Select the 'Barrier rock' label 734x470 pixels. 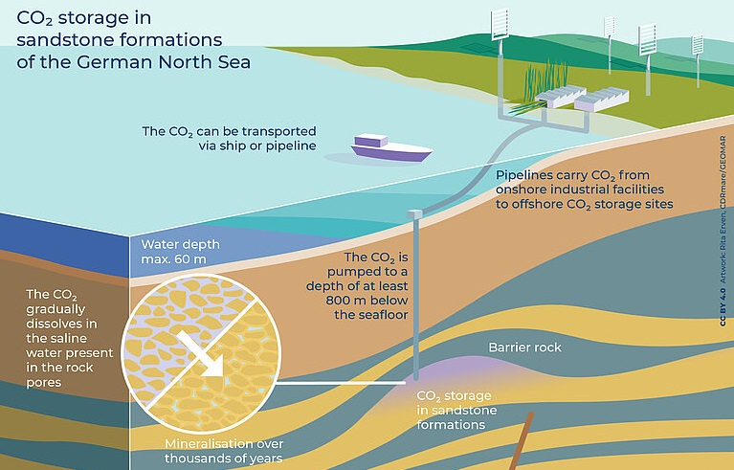(x=524, y=347)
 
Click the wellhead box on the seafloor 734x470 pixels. (x=414, y=214)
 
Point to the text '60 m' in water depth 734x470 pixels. (x=190, y=258)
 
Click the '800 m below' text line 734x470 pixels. (x=367, y=300)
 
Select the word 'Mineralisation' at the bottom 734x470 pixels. (x=202, y=443)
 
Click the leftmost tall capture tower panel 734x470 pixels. (x=500, y=24)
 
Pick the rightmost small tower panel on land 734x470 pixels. (x=698, y=45)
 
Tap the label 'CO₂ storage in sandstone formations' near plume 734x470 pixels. (x=456, y=410)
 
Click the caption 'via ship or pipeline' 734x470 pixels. (x=257, y=146)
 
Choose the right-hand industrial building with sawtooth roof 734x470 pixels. (x=602, y=99)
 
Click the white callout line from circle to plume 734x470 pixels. (x=341, y=383)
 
